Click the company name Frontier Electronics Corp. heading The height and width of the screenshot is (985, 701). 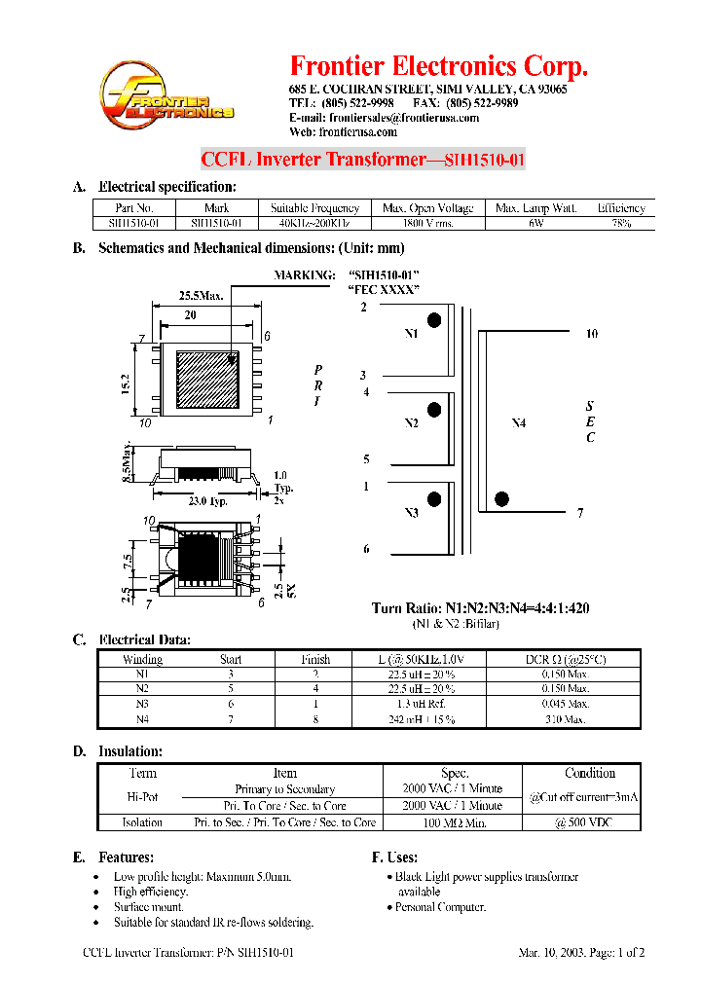click(x=439, y=66)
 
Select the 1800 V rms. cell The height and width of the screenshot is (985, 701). click(x=428, y=223)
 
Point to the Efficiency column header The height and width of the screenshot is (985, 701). click(x=621, y=207)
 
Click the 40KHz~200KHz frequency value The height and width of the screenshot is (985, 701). click(x=314, y=223)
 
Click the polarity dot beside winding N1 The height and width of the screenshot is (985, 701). click(x=434, y=320)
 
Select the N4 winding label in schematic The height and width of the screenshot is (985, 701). click(x=519, y=423)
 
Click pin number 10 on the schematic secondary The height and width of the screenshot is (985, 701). click(x=591, y=334)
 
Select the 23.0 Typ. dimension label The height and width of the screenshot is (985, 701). click(x=207, y=501)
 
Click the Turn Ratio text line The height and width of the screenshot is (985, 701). click(x=480, y=608)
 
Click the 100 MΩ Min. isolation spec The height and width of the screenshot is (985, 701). click(x=454, y=822)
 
